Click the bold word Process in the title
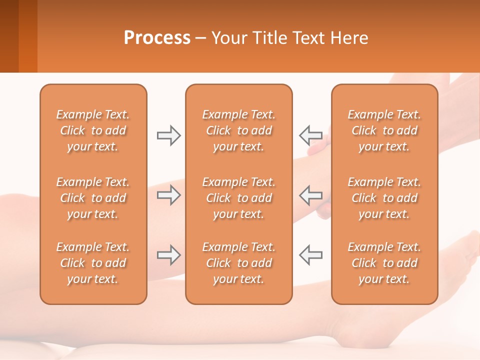pos(157,38)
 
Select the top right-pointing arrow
pos(168,135)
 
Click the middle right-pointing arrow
pos(168,195)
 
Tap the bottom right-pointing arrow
pos(168,255)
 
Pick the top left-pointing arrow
pos(310,135)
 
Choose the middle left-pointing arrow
pos(310,195)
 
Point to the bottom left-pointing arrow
pos(310,255)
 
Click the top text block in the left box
pos(93,130)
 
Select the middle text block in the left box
pos(93,198)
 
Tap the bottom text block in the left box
pos(93,263)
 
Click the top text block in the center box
pos(239,130)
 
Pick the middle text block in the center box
pos(239,198)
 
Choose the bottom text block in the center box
pos(239,263)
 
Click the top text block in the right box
pos(384,130)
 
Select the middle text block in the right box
pos(384,198)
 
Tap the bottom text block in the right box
pos(384,263)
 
